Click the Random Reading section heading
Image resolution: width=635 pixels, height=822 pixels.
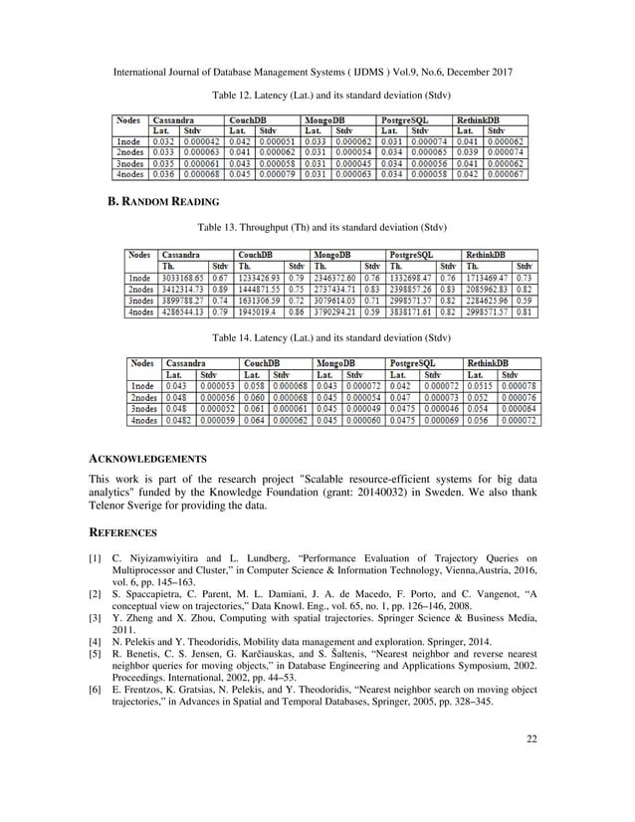[163, 202]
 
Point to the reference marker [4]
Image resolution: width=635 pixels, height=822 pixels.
[96, 645]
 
